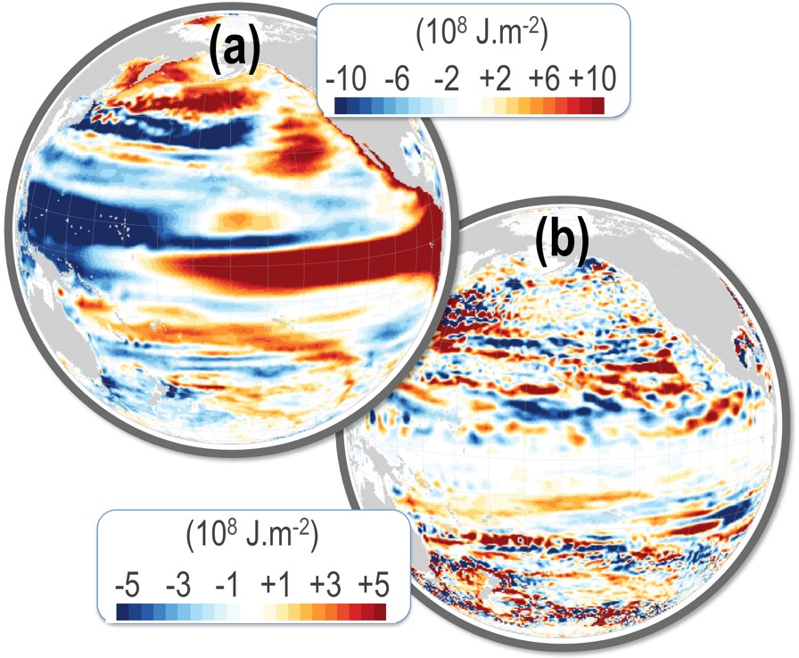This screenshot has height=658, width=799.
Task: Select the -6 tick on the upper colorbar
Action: point(398,78)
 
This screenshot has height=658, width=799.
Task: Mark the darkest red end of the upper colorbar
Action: point(597,105)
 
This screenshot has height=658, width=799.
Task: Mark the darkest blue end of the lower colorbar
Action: point(122,611)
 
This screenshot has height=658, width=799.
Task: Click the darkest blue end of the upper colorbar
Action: point(341,105)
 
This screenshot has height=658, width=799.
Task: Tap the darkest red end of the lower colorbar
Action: point(380,611)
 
